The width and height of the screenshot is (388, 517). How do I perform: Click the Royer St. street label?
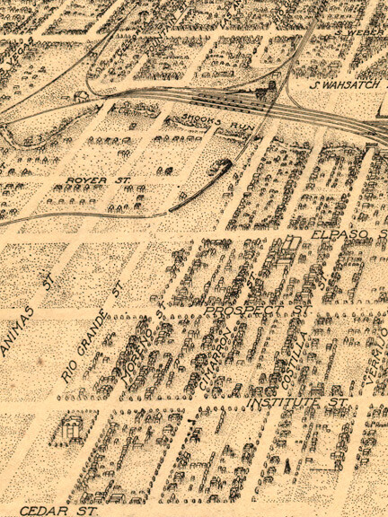98,180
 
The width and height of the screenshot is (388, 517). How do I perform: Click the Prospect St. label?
257,311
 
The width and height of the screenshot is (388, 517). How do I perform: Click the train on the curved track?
222,169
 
